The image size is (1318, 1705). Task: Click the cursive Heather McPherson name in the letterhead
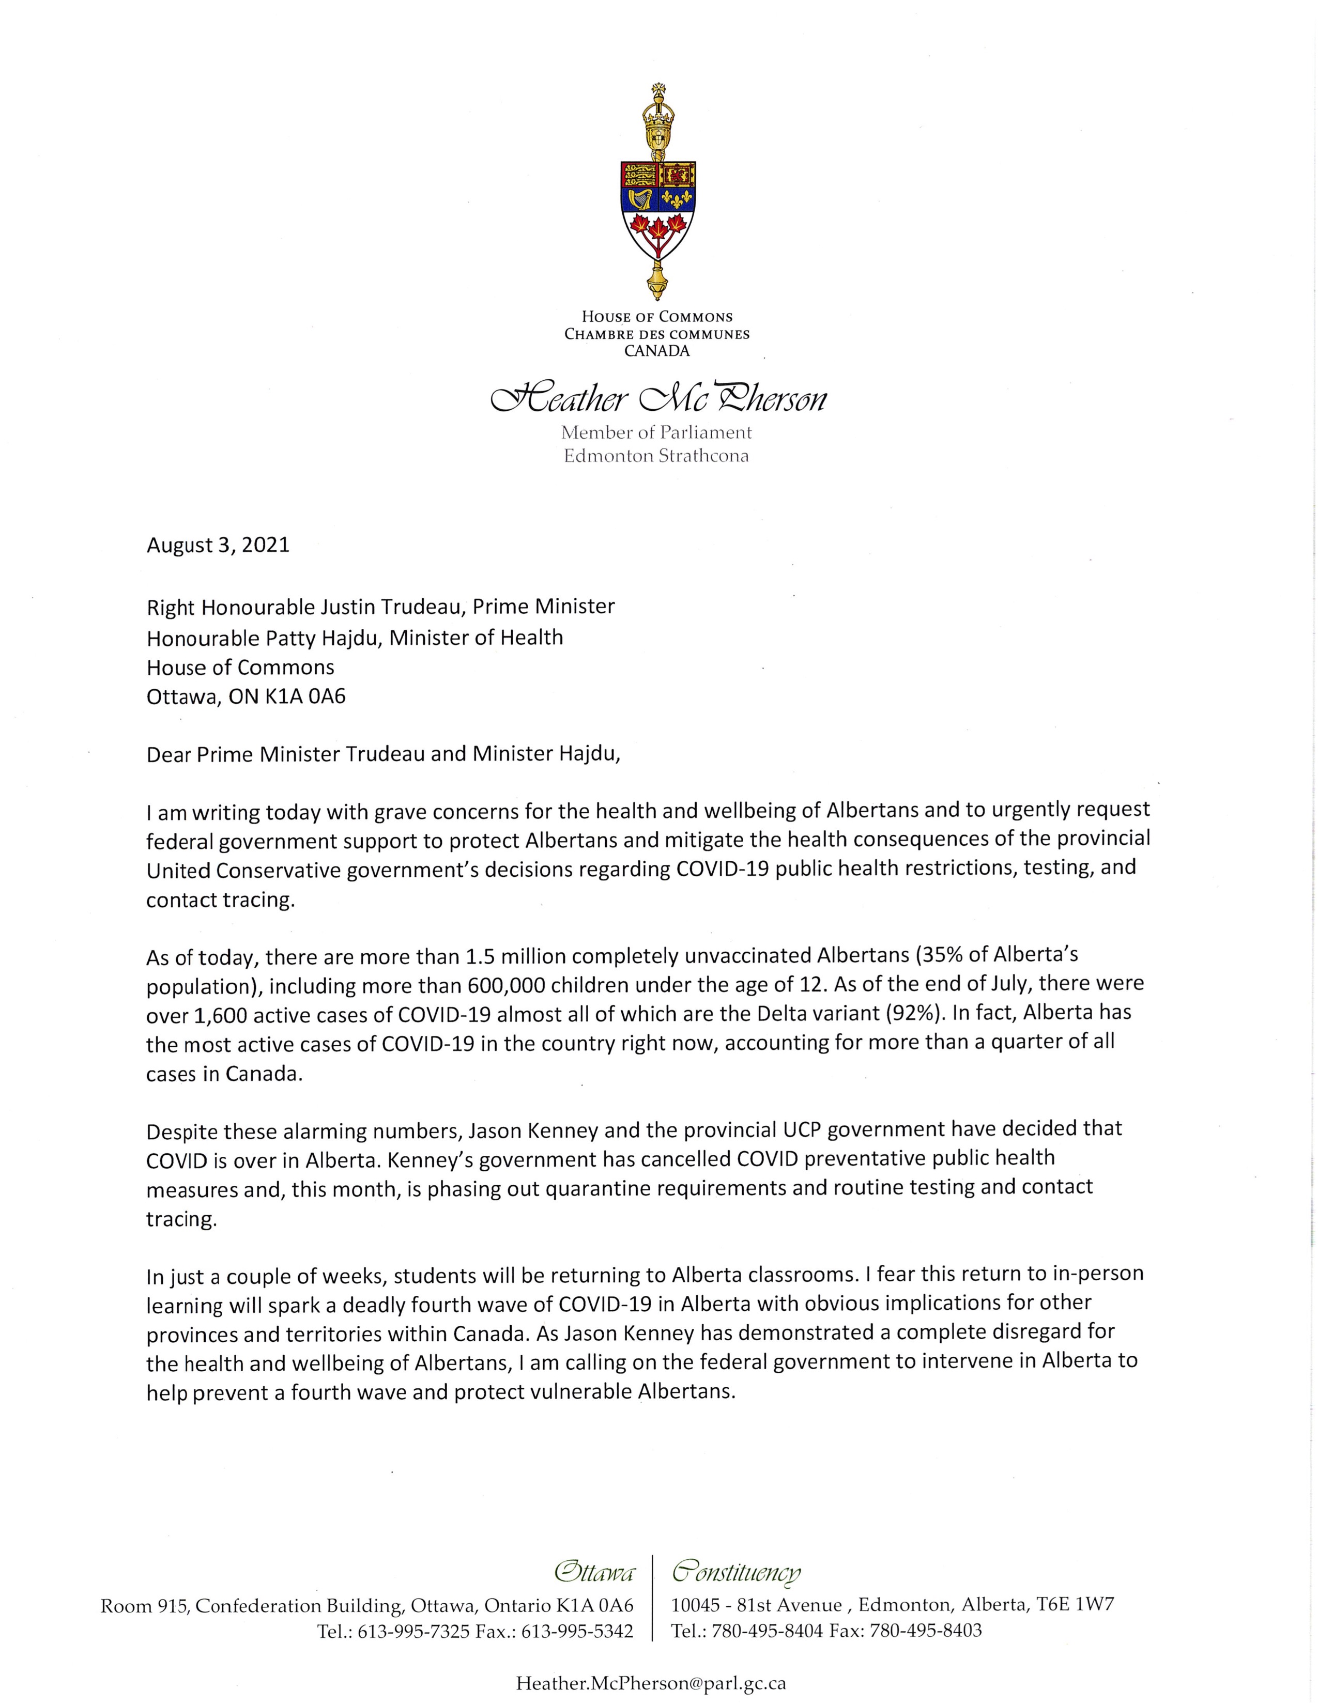657,400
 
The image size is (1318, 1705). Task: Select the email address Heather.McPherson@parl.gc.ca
650,1683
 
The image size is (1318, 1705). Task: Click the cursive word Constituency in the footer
737,1572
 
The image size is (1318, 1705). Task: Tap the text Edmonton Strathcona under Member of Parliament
656,456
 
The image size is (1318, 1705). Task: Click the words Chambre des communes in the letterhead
656,334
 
